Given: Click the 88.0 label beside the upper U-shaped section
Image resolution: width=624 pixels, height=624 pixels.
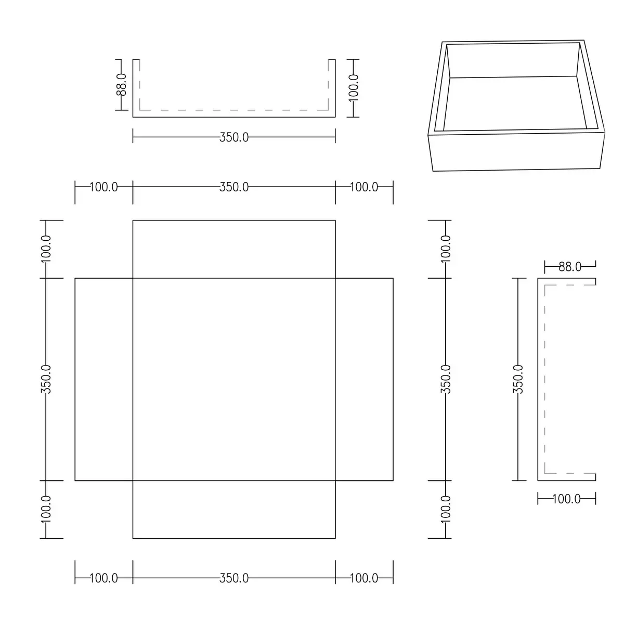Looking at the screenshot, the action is (x=121, y=85).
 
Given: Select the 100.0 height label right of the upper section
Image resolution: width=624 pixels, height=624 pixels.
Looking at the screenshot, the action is (x=353, y=88).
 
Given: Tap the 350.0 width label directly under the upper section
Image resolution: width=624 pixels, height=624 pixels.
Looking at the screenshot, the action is (x=234, y=137).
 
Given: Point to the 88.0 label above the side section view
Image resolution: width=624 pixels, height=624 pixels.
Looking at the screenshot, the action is (x=570, y=267).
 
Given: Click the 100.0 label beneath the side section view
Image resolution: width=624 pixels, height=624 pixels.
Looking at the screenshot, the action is (x=566, y=499).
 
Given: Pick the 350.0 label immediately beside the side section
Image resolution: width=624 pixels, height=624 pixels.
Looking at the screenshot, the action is (x=518, y=379).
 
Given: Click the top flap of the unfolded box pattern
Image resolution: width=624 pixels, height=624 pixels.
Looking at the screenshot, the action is (x=234, y=249).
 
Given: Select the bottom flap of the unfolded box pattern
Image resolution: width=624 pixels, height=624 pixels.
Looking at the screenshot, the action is (x=234, y=510).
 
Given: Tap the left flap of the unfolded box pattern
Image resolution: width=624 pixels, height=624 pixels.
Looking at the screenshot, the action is (x=104, y=379).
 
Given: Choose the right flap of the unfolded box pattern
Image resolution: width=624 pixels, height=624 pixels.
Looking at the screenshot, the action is (x=365, y=379).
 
